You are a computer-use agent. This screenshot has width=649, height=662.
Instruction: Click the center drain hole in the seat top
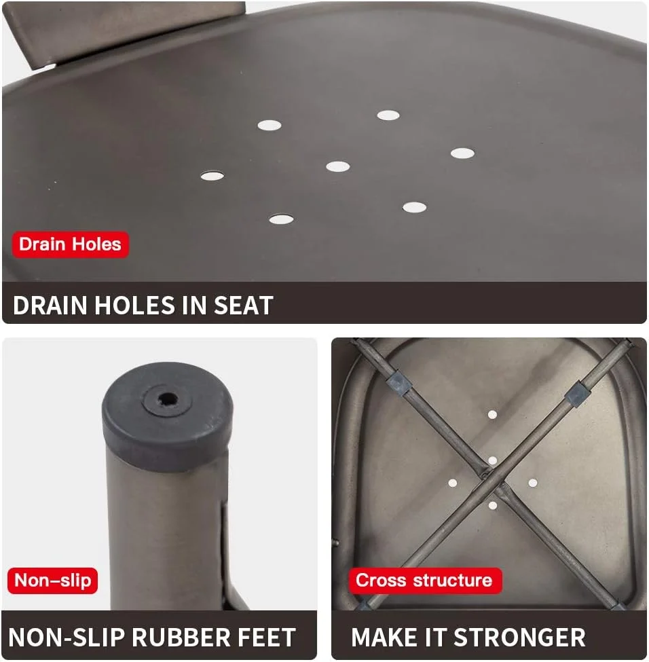(338, 166)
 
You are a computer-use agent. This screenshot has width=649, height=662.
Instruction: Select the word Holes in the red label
(96, 244)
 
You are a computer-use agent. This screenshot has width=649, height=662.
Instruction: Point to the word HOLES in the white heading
(134, 306)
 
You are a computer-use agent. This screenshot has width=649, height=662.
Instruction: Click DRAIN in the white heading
(50, 306)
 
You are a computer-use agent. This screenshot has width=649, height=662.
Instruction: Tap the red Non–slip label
(53, 581)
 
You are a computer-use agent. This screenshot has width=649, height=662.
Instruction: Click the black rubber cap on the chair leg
(167, 416)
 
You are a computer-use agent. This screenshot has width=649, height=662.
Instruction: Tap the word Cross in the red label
(381, 580)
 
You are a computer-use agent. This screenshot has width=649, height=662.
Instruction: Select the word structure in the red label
(453, 580)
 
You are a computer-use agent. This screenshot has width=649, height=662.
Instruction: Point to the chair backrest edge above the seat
(127, 30)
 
